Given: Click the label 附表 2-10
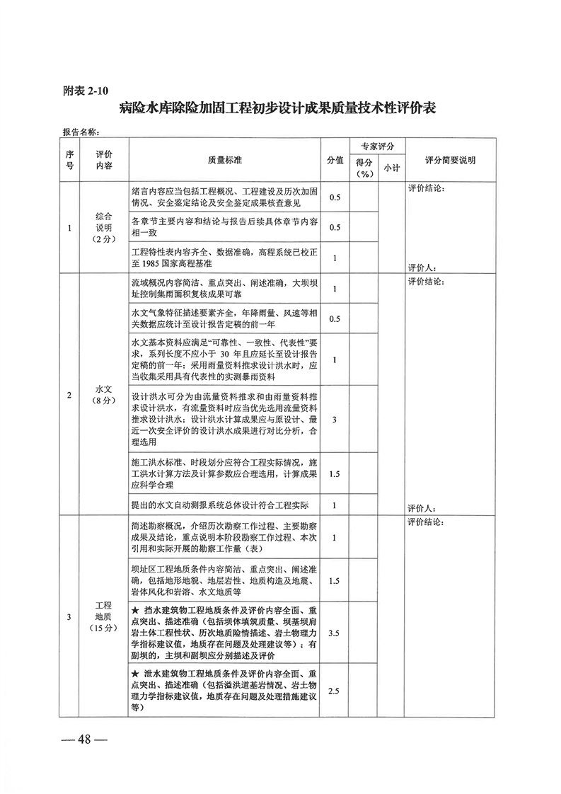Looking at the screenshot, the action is pyautogui.click(x=86, y=91).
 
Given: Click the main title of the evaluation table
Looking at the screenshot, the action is pyautogui.click(x=277, y=108).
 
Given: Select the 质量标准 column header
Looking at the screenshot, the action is pyautogui.click(x=225, y=160).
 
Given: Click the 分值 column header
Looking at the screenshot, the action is pyautogui.click(x=335, y=160).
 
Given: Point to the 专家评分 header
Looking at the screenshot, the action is pyautogui.click(x=377, y=146).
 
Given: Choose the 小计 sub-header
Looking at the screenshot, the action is pyautogui.click(x=391, y=168).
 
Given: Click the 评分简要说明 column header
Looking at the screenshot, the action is pyautogui.click(x=450, y=160).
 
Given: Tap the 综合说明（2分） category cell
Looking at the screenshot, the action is pyautogui.click(x=103, y=228).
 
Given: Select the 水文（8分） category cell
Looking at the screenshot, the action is pyautogui.click(x=103, y=395).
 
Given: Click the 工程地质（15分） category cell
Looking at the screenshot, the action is pyautogui.click(x=103, y=617).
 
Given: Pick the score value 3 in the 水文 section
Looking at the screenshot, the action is pyautogui.click(x=334, y=420).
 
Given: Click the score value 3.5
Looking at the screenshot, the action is pyautogui.click(x=334, y=633).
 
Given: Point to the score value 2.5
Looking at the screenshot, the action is pyautogui.click(x=334, y=691).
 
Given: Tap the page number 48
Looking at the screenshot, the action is pyautogui.click(x=84, y=740).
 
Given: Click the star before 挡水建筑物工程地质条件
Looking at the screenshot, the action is pyautogui.click(x=134, y=610).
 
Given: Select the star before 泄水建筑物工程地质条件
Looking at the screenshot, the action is pyautogui.click(x=134, y=674).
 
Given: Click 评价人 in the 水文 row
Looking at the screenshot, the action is pyautogui.click(x=422, y=509).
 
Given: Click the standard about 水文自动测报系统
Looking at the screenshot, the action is pyautogui.click(x=220, y=505).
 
